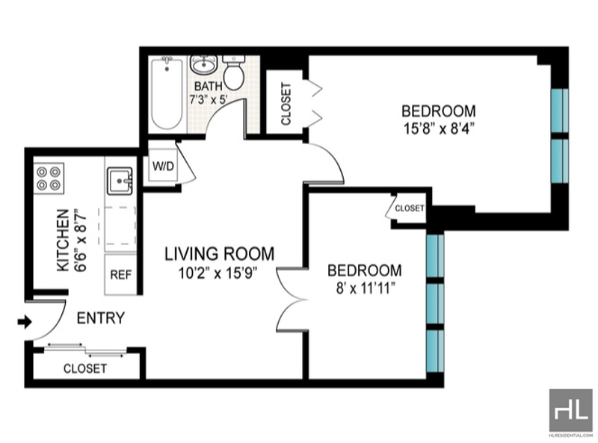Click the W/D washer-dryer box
pos(163,165)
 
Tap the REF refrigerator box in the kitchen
pos(120,274)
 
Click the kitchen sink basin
pos(120,181)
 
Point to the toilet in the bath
pos(233,72)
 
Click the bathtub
pos(167,94)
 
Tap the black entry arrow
pos(25,322)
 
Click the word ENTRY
pos(101,318)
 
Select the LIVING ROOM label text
pos(219,254)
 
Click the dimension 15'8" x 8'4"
pos(439,128)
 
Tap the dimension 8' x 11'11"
pos(365,288)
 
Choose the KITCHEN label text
pos(64,241)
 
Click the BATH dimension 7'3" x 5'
pos(209,100)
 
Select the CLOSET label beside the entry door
pos(85,368)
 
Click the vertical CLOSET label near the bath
pos(286,104)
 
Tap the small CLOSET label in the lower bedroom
pos(410,208)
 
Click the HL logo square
pos(571,410)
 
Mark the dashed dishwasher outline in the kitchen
pos(117,226)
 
